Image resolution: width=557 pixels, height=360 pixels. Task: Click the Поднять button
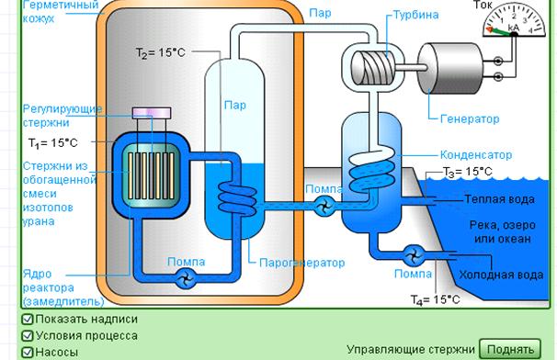pyautogui.click(x=510, y=349)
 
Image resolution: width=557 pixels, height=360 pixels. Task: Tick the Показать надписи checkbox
pyautogui.click(x=28, y=320)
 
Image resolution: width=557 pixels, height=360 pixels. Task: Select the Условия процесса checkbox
pyautogui.click(x=28, y=336)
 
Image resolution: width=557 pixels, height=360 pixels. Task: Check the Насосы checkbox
pyautogui.click(x=28, y=352)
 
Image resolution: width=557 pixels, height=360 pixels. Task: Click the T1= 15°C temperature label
pyautogui.click(x=53, y=142)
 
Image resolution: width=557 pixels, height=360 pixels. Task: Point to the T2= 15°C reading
pyautogui.click(x=161, y=52)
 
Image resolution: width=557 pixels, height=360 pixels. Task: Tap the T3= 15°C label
pyautogui.click(x=468, y=172)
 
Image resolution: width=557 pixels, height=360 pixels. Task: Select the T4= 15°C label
pyautogui.click(x=435, y=300)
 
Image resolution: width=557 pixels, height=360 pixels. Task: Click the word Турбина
pyautogui.click(x=415, y=15)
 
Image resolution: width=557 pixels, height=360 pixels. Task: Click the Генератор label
pyautogui.click(x=470, y=118)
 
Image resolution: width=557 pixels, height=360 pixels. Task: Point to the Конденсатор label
pyautogui.click(x=476, y=155)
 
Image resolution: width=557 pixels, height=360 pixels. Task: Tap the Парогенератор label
pyautogui.click(x=302, y=263)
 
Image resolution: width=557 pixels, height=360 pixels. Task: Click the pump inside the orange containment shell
pyautogui.click(x=186, y=278)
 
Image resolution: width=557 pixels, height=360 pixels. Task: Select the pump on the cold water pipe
pyautogui.click(x=415, y=254)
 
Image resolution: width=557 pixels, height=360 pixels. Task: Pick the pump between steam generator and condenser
pyautogui.click(x=324, y=206)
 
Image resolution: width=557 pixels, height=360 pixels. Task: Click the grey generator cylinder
pyautogui.click(x=450, y=68)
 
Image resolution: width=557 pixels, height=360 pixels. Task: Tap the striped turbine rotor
pyautogui.click(x=373, y=67)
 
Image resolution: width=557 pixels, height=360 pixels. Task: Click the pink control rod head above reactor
pyautogui.click(x=152, y=113)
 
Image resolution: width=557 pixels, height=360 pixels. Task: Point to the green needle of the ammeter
pyautogui.click(x=501, y=32)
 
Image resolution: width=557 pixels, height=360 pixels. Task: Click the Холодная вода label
pyautogui.click(x=501, y=275)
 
